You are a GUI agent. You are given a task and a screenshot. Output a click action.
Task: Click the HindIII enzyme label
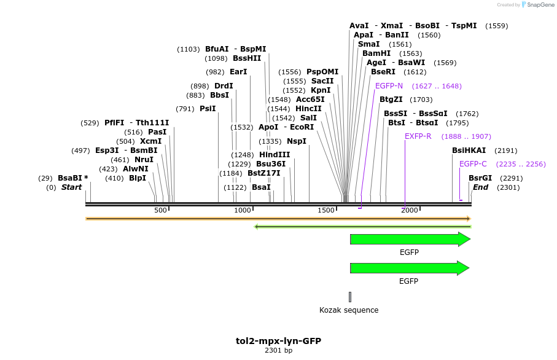click(x=275, y=155)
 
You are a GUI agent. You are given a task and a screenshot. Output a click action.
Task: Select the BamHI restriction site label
click(x=376, y=53)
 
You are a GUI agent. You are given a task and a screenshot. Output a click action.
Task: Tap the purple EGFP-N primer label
click(x=389, y=86)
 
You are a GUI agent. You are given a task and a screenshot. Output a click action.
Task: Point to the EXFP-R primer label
click(x=418, y=136)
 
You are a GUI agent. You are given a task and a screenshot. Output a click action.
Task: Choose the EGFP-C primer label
click(x=473, y=164)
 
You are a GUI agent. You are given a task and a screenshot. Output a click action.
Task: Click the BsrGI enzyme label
click(x=480, y=178)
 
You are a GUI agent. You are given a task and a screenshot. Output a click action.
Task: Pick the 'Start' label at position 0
click(x=71, y=187)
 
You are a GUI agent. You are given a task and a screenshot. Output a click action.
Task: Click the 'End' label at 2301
click(x=480, y=187)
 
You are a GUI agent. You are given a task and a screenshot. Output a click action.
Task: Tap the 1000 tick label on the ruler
click(x=243, y=211)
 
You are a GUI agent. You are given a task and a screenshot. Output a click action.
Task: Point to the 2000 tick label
click(x=410, y=211)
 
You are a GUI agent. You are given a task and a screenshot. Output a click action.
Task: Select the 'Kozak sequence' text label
click(x=349, y=310)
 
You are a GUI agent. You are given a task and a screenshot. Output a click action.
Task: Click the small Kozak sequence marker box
click(x=350, y=297)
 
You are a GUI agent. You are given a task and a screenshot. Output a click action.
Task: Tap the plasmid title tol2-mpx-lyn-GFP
click(x=278, y=341)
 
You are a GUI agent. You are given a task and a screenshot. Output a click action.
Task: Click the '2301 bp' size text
click(x=278, y=351)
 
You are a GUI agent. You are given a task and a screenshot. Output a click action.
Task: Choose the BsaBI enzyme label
click(x=73, y=178)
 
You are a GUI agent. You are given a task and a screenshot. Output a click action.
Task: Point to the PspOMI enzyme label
click(x=322, y=72)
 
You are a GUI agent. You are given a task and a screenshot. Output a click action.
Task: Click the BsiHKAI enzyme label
click(x=469, y=151)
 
